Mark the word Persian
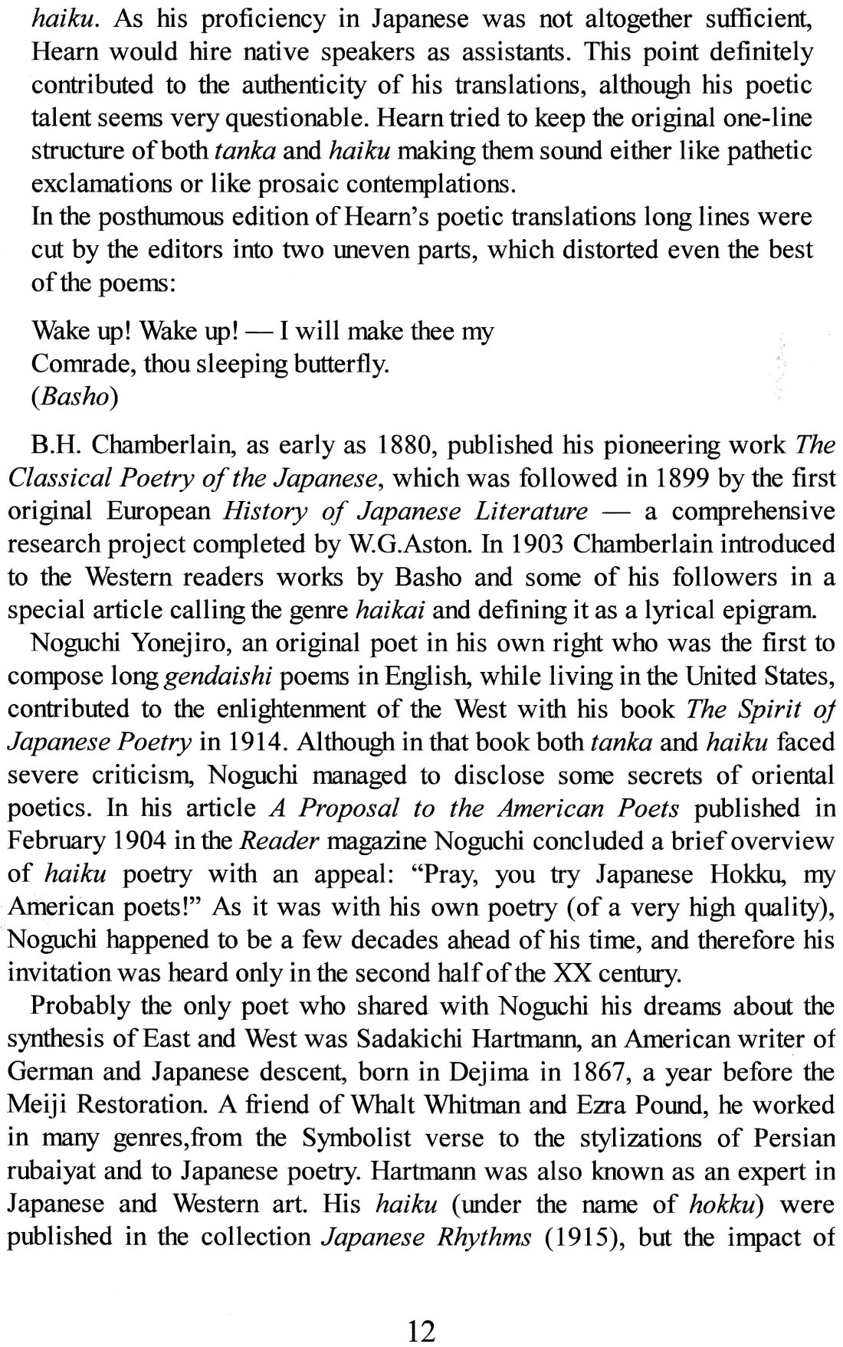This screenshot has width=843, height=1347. pyautogui.click(x=788, y=1138)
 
